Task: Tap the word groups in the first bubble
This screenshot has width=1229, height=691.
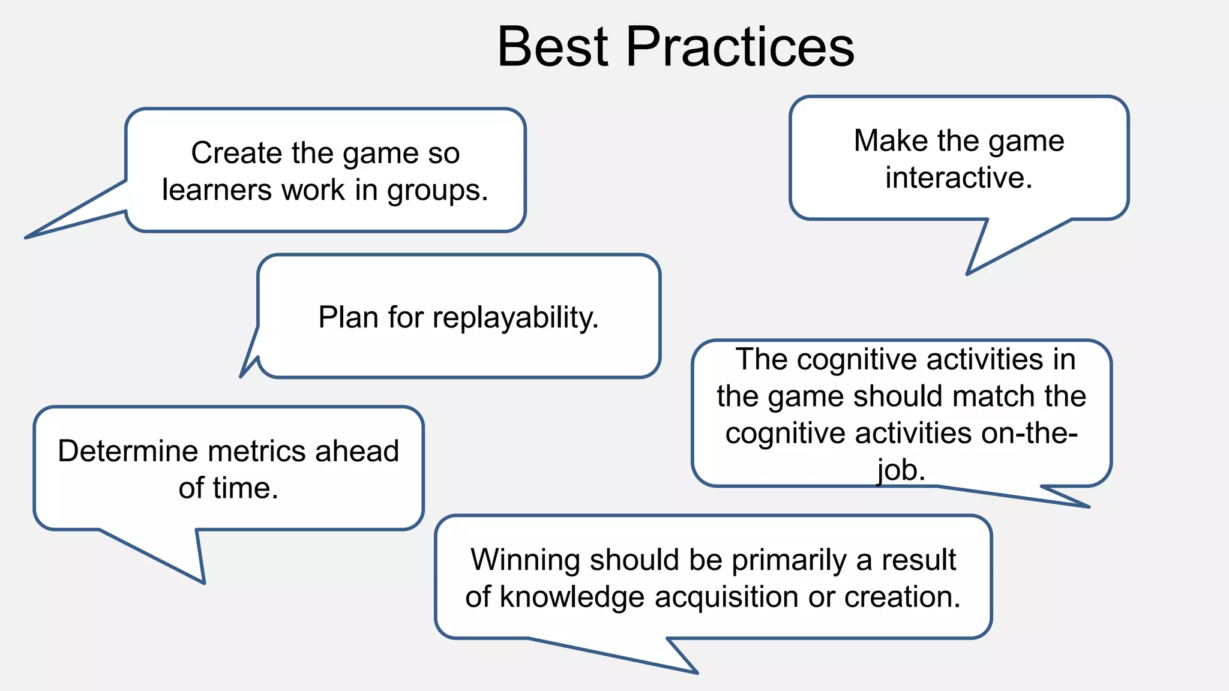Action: [x=436, y=191]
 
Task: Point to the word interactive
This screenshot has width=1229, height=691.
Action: [x=958, y=178]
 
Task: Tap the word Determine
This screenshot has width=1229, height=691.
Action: [x=128, y=451]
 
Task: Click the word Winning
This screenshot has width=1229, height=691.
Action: [x=525, y=560]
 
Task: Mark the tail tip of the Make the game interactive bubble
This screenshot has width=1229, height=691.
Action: [x=967, y=274]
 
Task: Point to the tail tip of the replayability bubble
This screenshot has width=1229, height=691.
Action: [x=241, y=376]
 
